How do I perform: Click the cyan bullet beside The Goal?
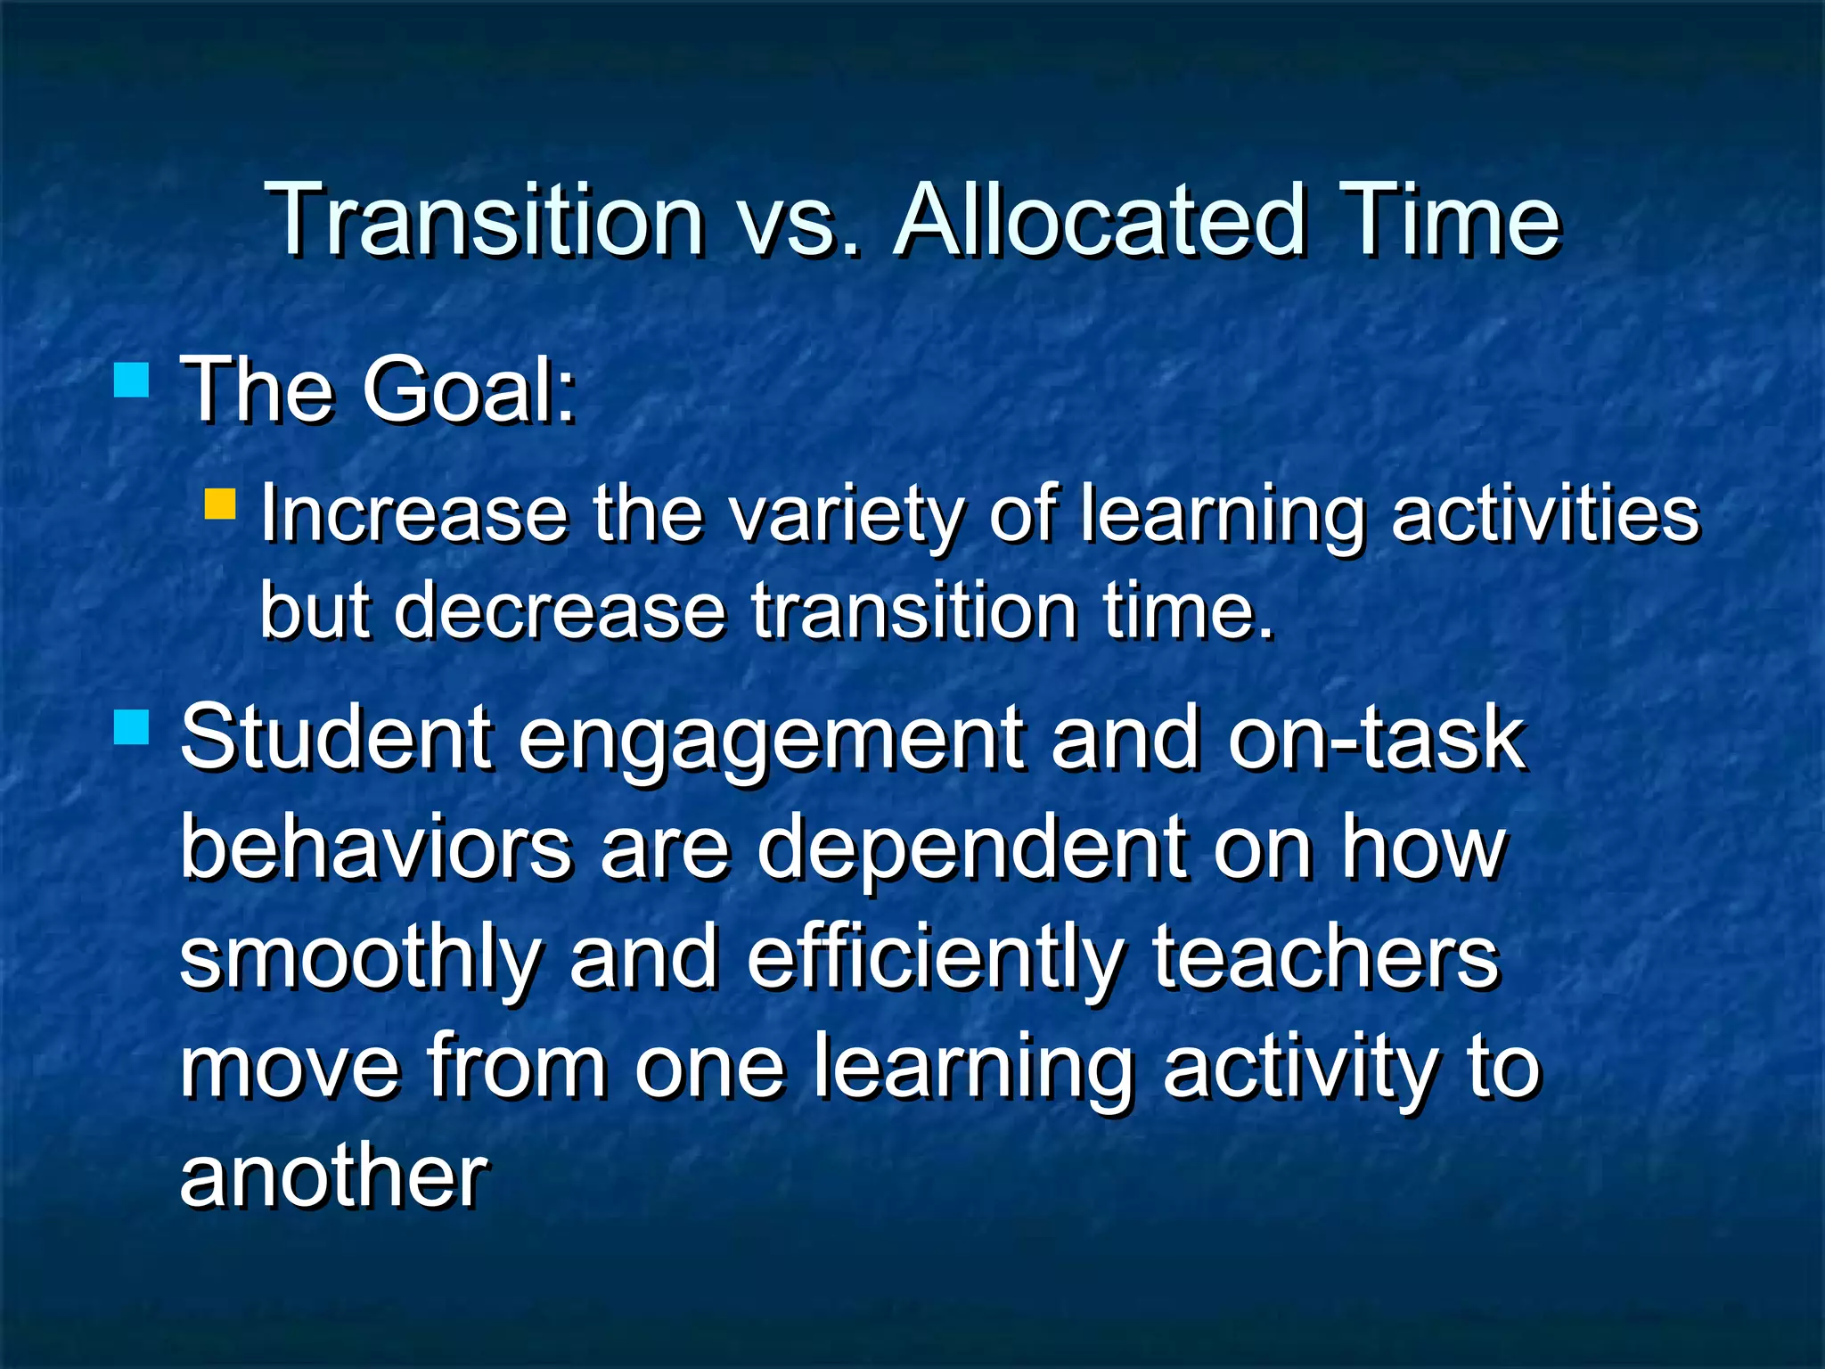click(131, 379)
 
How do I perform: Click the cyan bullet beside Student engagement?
click(131, 726)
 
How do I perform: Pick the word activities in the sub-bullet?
click(1545, 514)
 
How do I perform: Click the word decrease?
click(560, 611)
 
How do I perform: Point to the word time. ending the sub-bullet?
click(1189, 611)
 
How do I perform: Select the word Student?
click(336, 738)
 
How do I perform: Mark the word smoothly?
click(361, 961)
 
